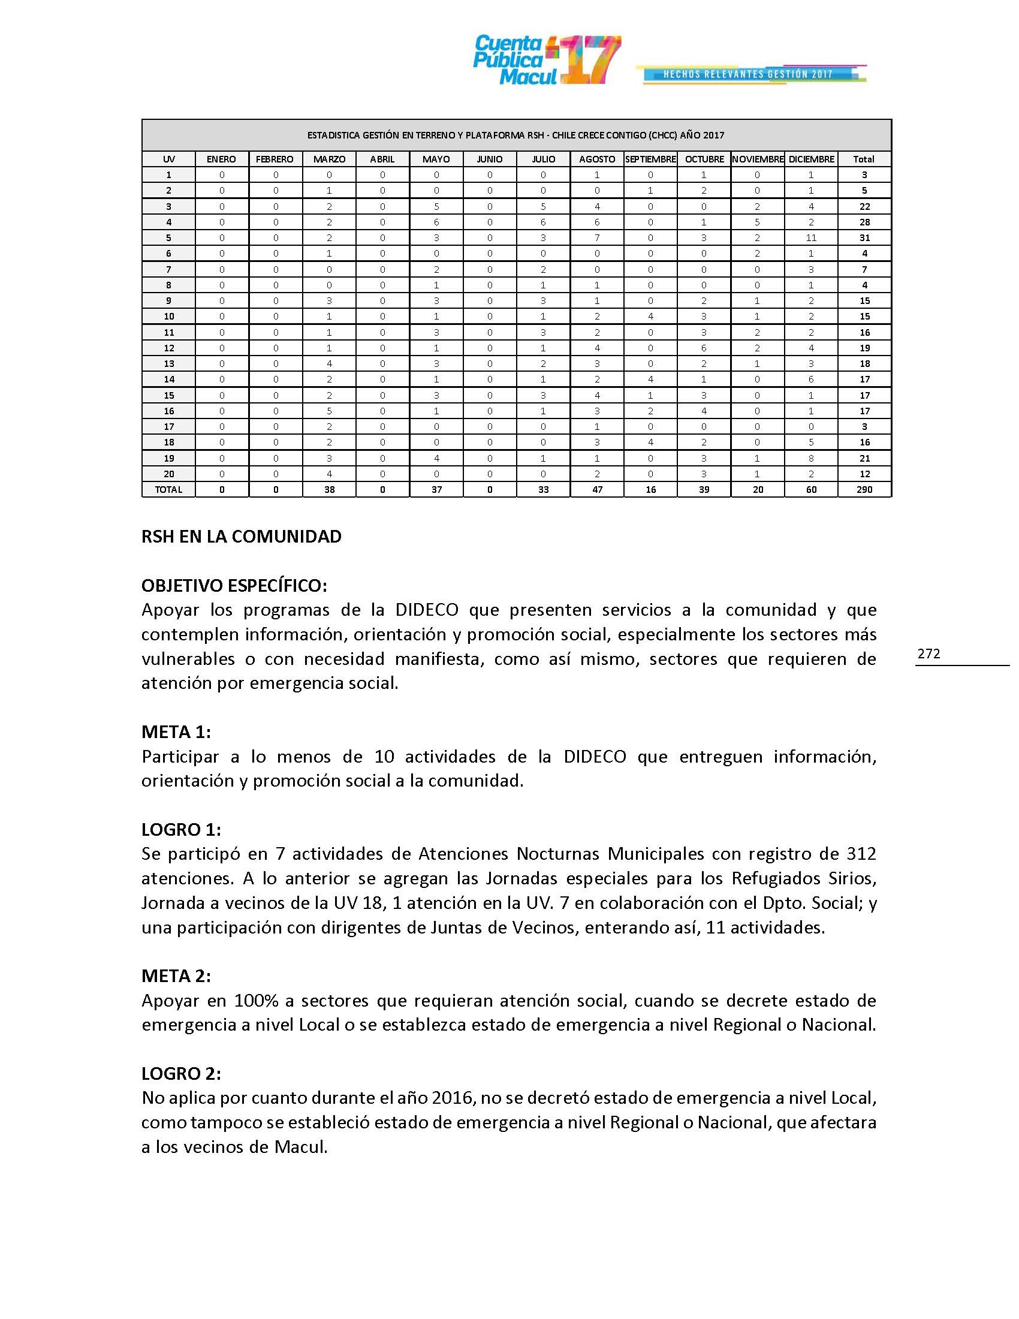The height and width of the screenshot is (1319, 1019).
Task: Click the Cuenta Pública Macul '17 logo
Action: (546, 61)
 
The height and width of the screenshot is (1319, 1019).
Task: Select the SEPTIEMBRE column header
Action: (650, 159)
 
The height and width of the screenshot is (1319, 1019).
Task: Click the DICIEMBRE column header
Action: (811, 159)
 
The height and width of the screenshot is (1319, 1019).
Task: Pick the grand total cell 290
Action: (864, 490)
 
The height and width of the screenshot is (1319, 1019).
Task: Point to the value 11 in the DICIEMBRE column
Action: (811, 238)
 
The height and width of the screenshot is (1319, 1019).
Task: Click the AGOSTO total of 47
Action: (597, 490)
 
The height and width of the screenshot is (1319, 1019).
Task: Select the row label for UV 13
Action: (169, 363)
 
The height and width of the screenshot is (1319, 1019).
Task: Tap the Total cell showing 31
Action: (864, 238)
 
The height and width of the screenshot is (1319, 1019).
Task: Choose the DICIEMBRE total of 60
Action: (811, 490)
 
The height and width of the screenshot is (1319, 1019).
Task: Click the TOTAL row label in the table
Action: (168, 490)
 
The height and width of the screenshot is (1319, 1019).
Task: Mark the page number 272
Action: (928, 654)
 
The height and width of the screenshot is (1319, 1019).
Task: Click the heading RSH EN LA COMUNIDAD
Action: (241, 537)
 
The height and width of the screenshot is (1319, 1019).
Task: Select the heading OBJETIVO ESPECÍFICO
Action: (234, 586)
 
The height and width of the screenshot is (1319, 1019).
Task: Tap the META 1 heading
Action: (176, 732)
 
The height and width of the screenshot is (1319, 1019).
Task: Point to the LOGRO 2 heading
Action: (181, 1074)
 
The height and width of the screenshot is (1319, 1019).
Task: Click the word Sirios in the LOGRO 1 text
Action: (852, 878)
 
